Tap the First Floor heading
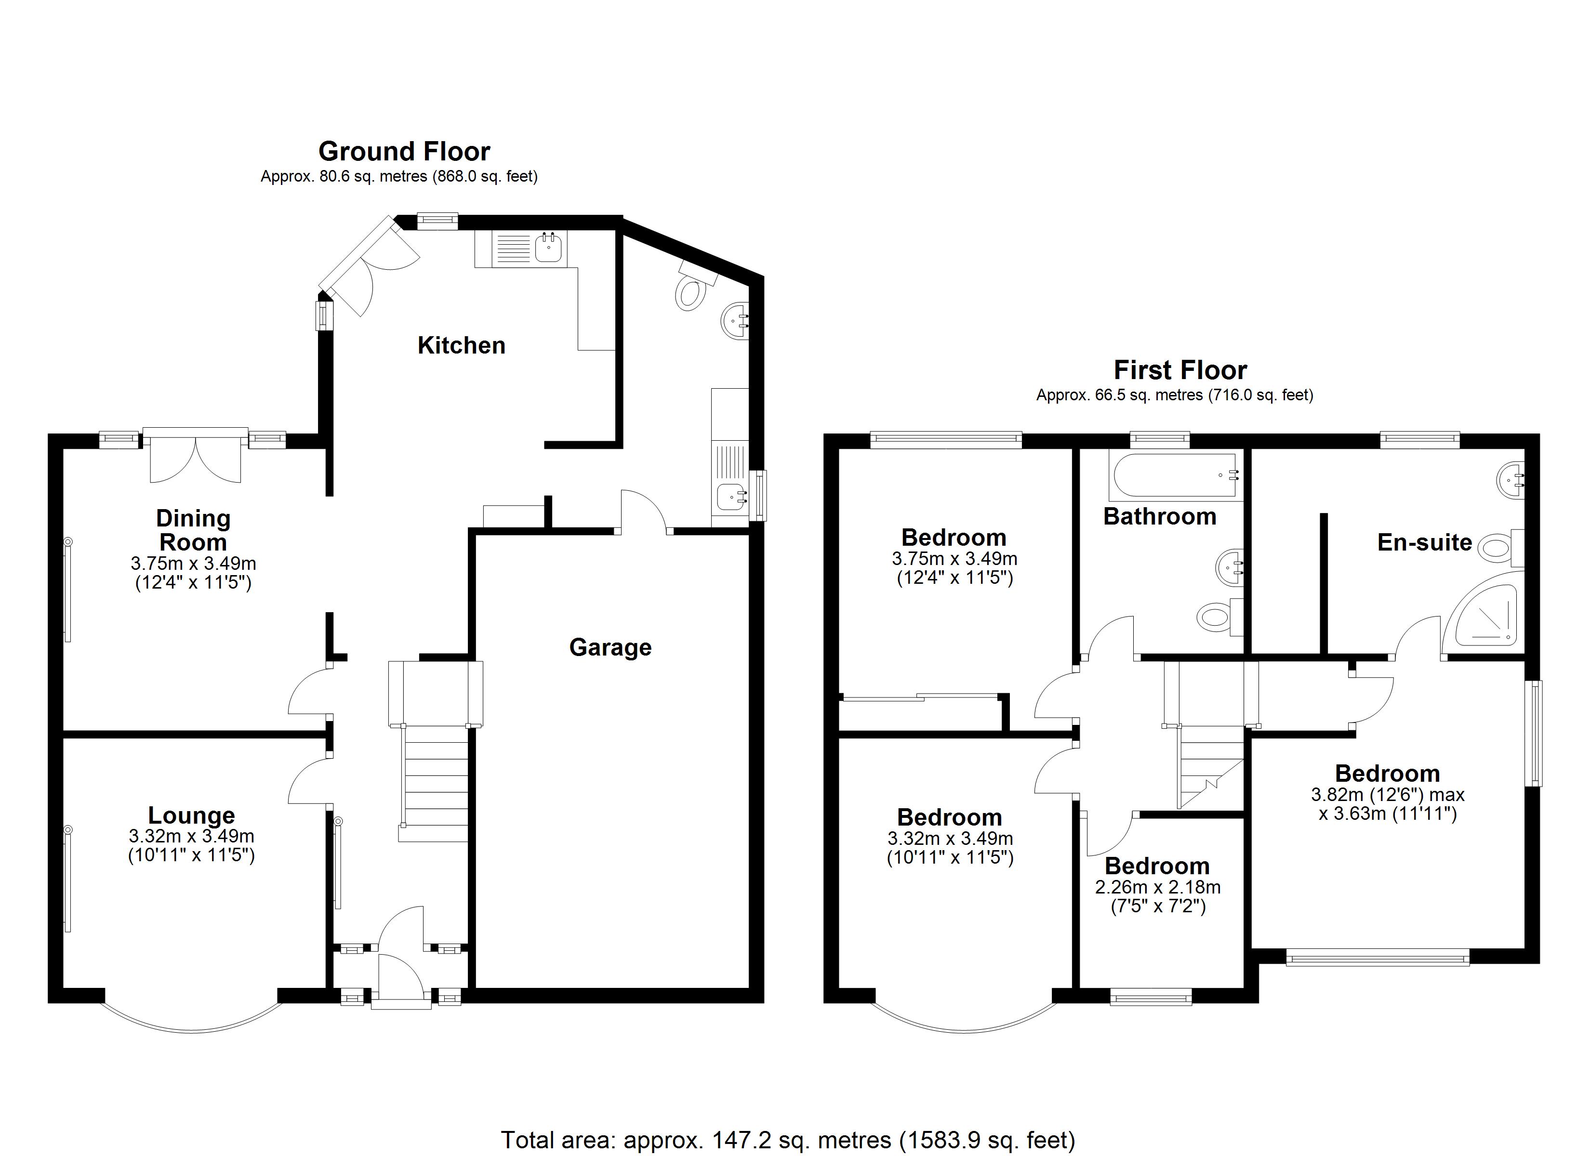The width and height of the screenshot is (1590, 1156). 1180,369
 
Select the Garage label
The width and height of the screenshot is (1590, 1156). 610,646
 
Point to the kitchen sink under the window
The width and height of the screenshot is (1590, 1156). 547,248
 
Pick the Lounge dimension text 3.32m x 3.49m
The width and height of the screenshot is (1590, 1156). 191,836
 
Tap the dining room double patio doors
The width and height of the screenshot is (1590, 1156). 196,459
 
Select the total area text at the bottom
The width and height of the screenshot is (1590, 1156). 787,1140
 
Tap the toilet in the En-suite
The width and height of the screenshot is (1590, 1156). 1497,548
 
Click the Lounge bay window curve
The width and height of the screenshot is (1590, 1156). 191,1030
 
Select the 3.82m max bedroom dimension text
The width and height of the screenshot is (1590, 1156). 1387,795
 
